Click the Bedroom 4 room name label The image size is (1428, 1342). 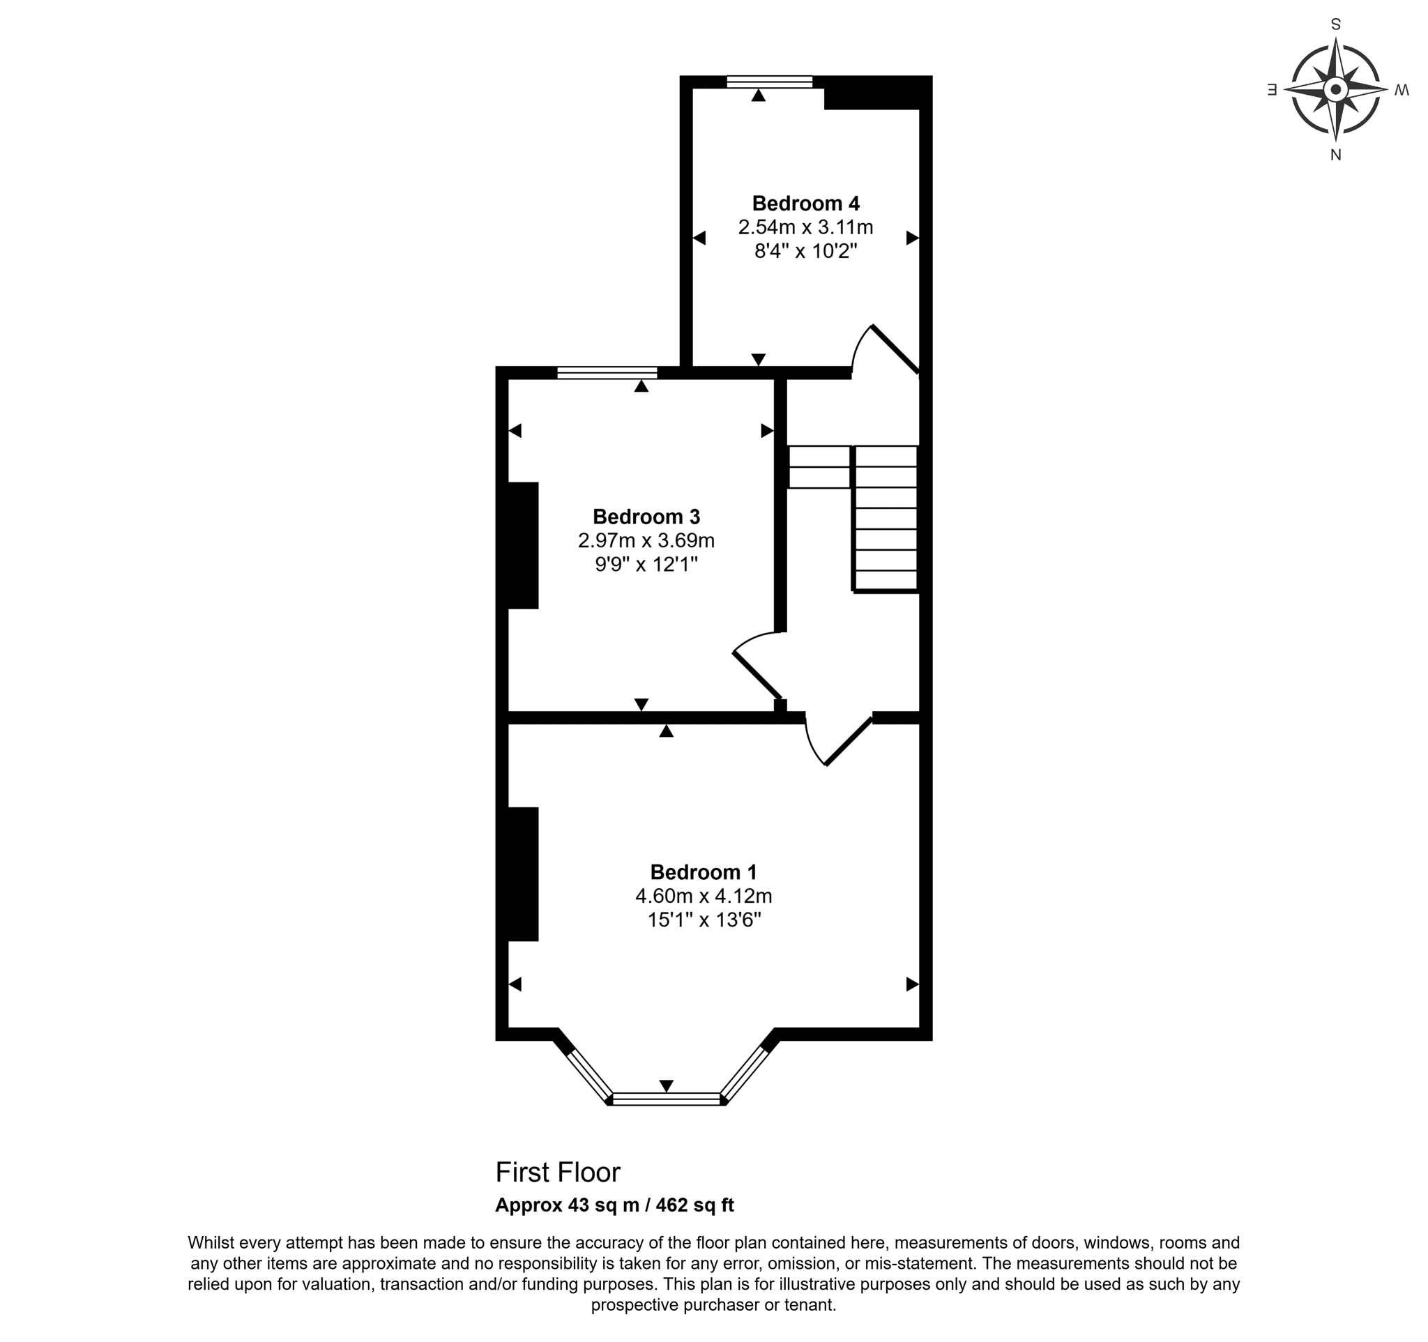(805, 203)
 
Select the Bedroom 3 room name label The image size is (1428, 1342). (646, 517)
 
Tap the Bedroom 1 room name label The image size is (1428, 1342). (704, 871)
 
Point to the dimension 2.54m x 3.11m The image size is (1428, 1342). (805, 227)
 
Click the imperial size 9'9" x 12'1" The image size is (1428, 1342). (646, 564)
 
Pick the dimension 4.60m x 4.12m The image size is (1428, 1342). (704, 895)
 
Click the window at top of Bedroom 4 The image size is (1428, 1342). (769, 81)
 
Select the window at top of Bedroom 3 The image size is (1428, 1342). (607, 372)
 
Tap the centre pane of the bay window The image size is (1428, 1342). (666, 1099)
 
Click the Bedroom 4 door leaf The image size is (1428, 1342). (896, 350)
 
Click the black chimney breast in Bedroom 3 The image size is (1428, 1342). (523, 545)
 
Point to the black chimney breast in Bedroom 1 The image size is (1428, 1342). (523, 874)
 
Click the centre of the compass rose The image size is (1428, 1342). (1335, 90)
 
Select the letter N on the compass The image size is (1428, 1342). (1335, 154)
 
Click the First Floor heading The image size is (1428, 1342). (557, 1173)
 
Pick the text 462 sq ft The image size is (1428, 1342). (694, 1205)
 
